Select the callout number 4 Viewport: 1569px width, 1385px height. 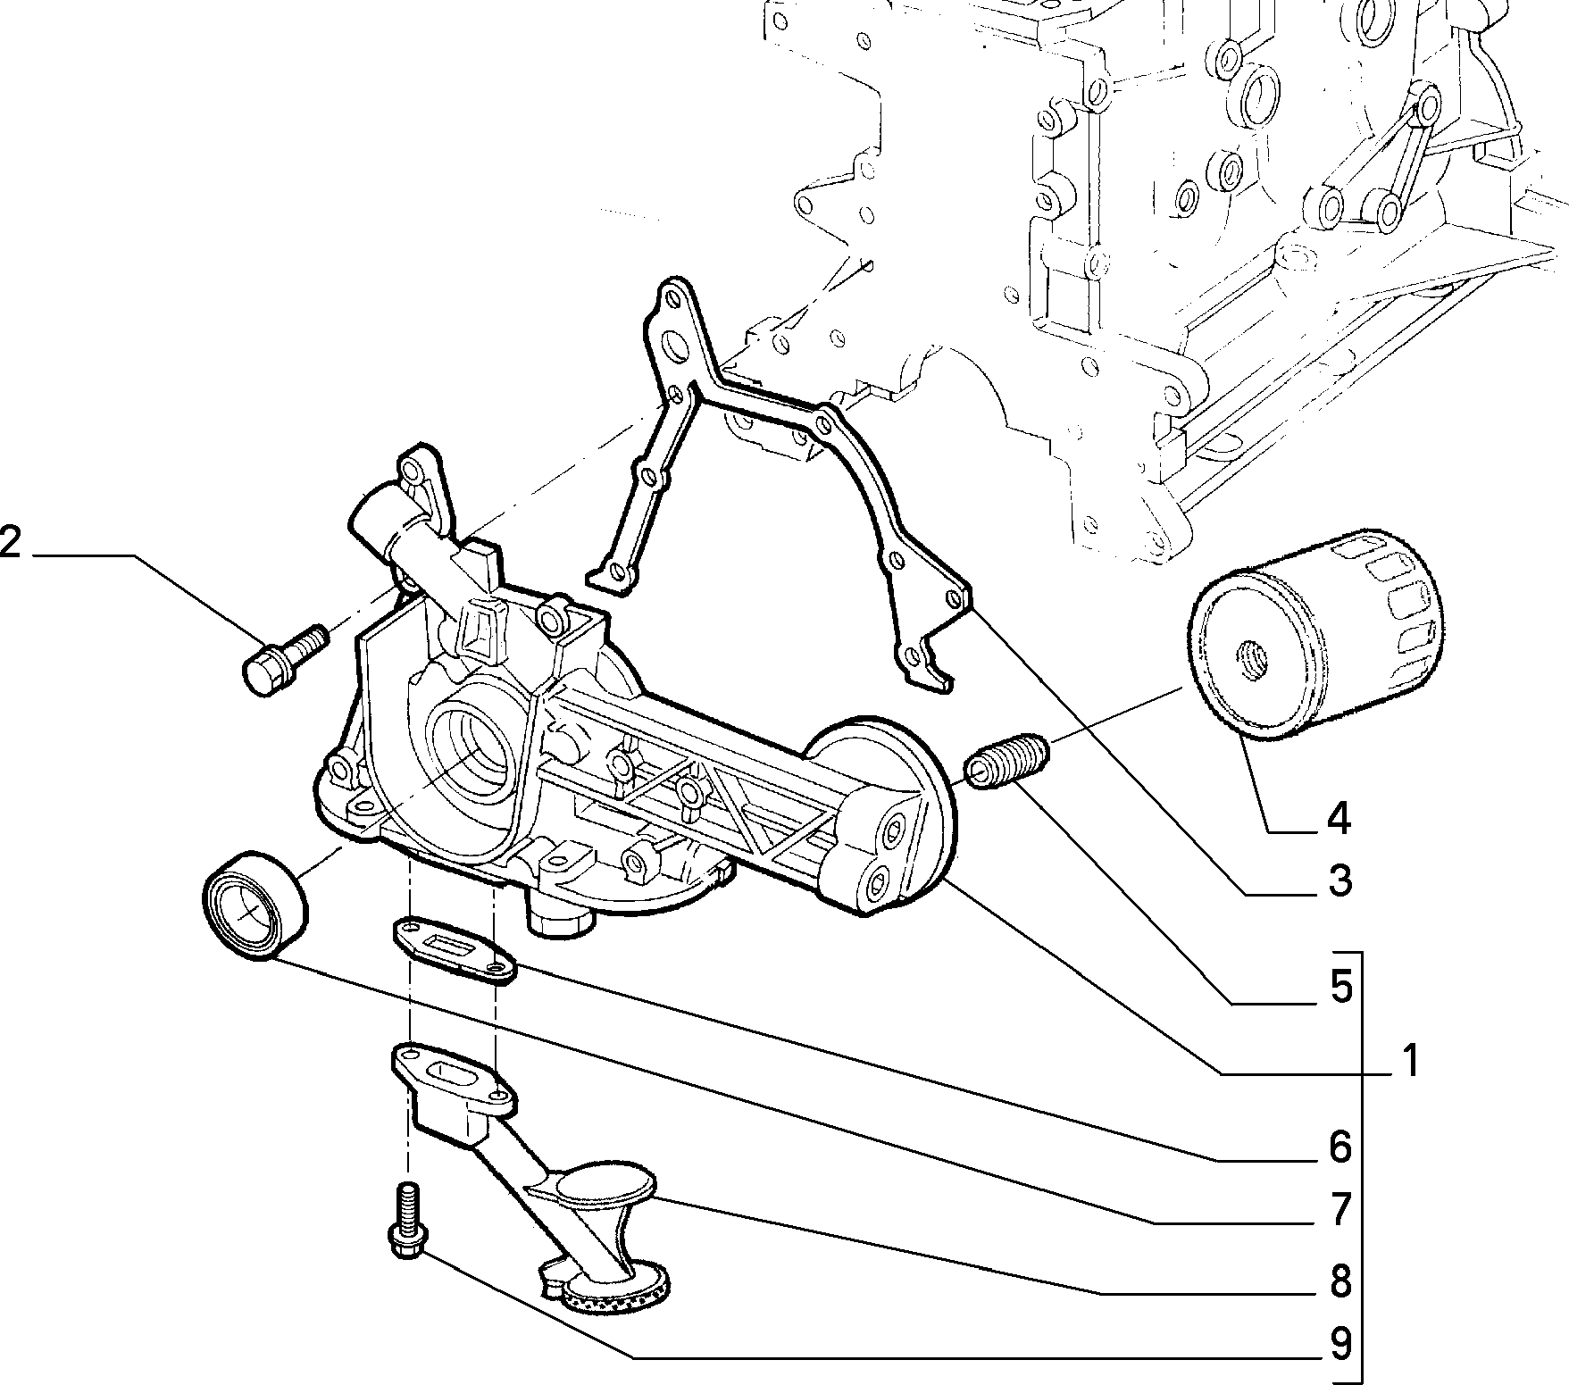[1337, 819]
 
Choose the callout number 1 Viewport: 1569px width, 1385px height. [1409, 1062]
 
